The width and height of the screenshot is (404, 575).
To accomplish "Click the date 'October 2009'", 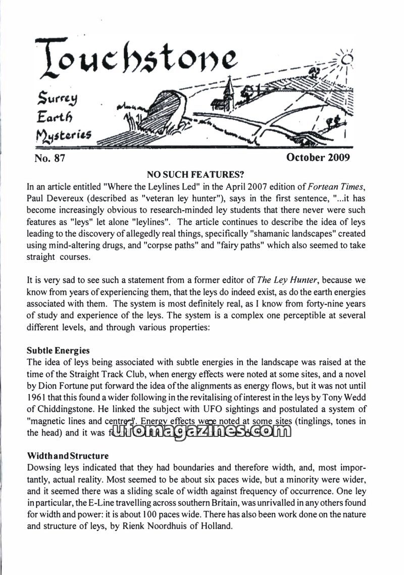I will coord(318,157).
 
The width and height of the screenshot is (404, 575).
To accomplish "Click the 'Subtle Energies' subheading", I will coord(58,350).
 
